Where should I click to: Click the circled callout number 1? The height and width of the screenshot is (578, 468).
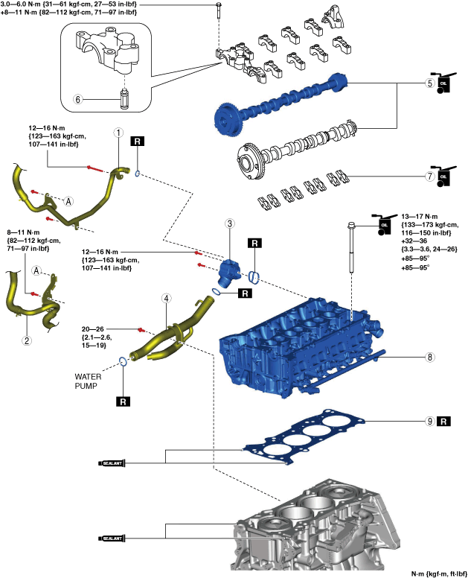tap(118, 133)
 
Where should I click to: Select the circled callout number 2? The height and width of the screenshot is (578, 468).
tap(27, 340)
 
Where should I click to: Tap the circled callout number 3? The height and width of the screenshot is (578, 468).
tap(230, 223)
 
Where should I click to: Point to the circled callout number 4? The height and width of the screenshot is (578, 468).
tap(167, 298)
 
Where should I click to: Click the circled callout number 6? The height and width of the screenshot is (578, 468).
tap(77, 99)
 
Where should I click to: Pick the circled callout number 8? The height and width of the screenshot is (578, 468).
tap(430, 357)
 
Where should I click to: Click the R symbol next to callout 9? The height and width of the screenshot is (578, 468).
tap(443, 422)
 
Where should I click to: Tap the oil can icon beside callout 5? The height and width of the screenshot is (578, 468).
tap(443, 83)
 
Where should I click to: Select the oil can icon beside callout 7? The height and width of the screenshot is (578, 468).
tap(443, 177)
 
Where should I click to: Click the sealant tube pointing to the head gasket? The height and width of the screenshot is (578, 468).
tap(112, 463)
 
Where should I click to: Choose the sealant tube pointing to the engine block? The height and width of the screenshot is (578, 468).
tap(112, 539)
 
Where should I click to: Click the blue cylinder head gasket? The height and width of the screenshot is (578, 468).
tap(304, 435)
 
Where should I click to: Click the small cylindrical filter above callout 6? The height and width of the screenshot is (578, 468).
tap(125, 100)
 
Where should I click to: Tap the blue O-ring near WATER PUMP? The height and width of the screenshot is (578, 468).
tap(123, 361)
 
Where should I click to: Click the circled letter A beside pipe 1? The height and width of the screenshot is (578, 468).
tap(68, 201)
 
